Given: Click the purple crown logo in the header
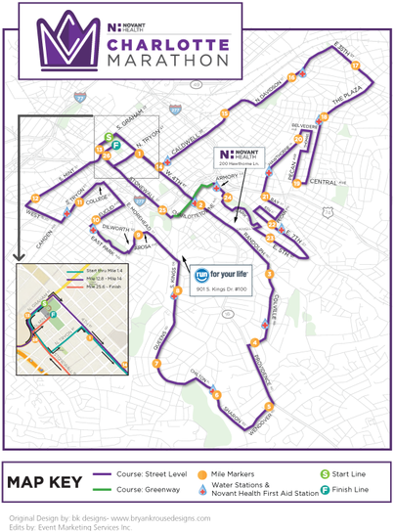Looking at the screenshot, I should coord(66,39).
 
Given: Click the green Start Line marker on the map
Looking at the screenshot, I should coord(109,137).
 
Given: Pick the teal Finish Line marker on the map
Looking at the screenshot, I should coord(116,145).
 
